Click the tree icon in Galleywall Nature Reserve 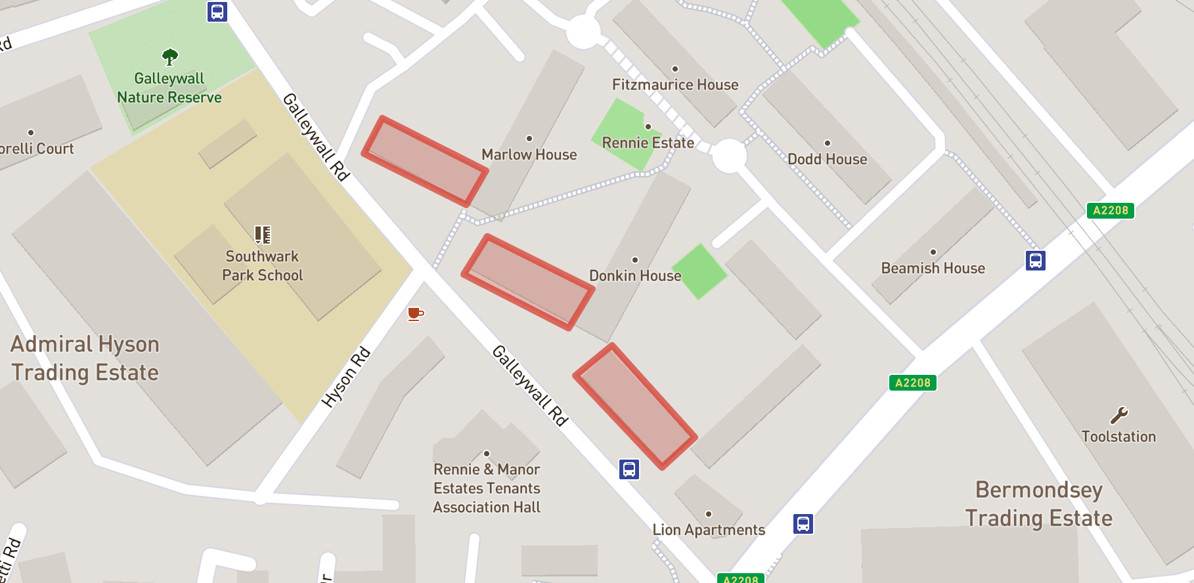[x=170, y=57]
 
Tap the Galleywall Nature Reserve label [x=169, y=88]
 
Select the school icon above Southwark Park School [x=263, y=234]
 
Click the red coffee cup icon [x=415, y=314]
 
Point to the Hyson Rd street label [x=346, y=378]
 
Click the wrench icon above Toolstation [x=1119, y=415]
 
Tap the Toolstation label [x=1118, y=437]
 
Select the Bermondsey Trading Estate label [x=1039, y=504]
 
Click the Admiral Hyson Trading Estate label [x=85, y=358]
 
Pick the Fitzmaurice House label [x=675, y=85]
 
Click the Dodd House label [x=828, y=159]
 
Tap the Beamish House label [x=933, y=268]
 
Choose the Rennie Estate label [x=648, y=142]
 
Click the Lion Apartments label [x=709, y=530]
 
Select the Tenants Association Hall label [x=487, y=488]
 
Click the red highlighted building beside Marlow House [x=425, y=162]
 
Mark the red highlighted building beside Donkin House [x=528, y=282]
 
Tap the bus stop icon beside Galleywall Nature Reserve [x=217, y=12]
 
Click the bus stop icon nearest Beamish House [x=1036, y=261]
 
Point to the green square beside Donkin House [x=700, y=272]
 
